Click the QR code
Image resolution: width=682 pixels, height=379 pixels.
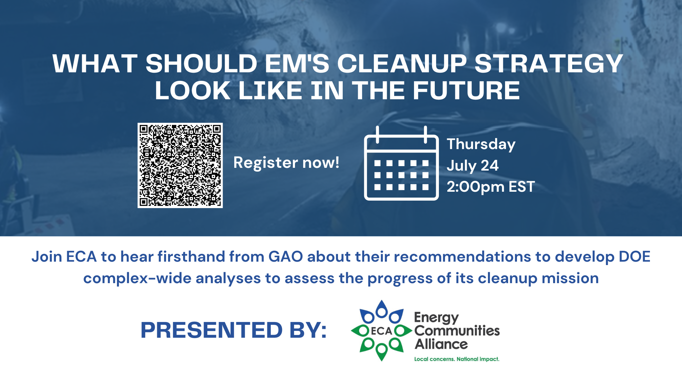180,165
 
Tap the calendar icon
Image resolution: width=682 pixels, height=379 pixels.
401,163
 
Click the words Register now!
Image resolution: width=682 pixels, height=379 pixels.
286,163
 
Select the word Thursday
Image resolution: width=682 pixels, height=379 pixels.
481,145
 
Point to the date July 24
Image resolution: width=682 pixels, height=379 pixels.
473,166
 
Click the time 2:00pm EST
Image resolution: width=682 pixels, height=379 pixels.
491,187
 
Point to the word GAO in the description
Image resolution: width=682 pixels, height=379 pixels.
286,257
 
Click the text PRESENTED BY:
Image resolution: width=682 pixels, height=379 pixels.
234,330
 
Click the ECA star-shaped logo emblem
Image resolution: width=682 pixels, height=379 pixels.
382,331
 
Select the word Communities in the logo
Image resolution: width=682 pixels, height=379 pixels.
457,331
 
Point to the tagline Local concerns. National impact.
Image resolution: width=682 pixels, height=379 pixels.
457,359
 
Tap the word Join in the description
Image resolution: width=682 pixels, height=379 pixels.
47,257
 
